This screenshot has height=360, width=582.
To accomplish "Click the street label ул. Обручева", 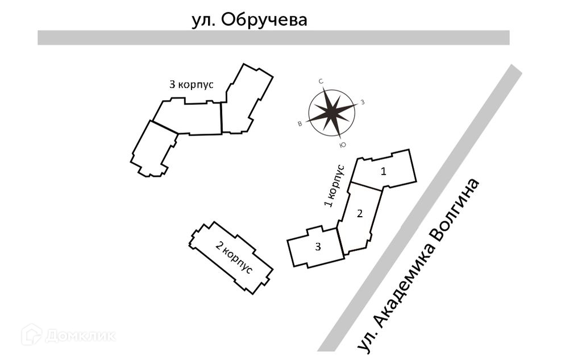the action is tap(249, 20).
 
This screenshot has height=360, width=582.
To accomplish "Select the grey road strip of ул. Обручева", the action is tap(273, 38).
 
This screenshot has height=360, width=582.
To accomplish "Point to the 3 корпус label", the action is tap(192, 85).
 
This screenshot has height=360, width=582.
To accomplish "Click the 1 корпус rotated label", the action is tap(334, 186).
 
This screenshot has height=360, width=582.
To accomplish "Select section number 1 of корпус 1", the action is tap(384, 171).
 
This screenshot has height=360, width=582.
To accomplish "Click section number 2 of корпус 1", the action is tap(359, 214).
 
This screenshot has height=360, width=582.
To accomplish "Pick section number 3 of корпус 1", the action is tap(318, 247).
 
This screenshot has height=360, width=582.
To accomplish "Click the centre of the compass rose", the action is tap(331, 113).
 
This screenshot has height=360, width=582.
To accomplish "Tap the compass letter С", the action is tap(321, 82).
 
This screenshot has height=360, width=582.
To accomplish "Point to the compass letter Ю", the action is tap(342, 146).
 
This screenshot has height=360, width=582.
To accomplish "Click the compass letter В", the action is tap(300, 123).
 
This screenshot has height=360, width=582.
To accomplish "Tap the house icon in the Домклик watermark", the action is tap(31, 334).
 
